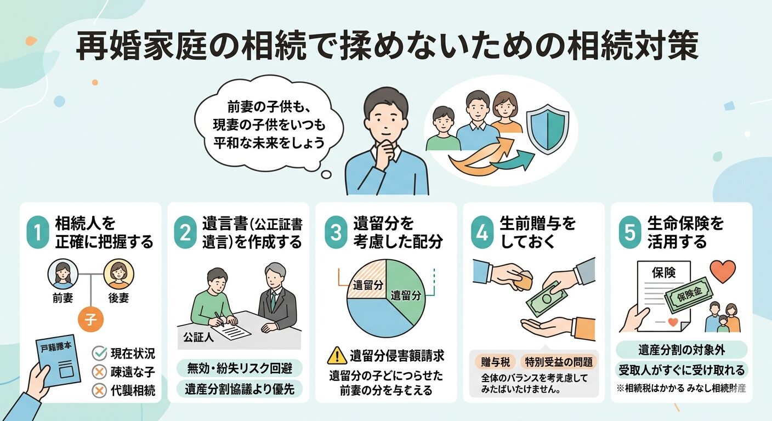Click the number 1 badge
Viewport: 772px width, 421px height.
38,233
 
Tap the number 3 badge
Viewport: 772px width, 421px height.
334,233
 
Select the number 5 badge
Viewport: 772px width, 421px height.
629,233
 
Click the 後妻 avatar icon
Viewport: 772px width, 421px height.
118,273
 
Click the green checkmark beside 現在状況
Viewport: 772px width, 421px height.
99,353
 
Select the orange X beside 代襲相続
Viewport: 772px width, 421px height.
99,390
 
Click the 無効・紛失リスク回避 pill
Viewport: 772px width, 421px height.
240,368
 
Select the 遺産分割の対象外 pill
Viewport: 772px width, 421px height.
682,349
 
